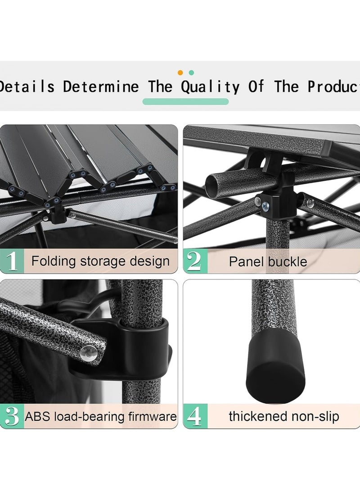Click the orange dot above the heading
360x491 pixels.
point(180,72)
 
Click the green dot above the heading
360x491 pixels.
point(192,72)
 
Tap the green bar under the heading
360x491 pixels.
point(185,102)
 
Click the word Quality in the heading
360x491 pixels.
point(210,86)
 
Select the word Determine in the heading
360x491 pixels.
point(101,86)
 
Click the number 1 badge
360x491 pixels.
point(13,261)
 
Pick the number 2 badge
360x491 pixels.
point(194,261)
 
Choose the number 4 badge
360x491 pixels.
point(194,416)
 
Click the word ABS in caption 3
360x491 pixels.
point(38,416)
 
